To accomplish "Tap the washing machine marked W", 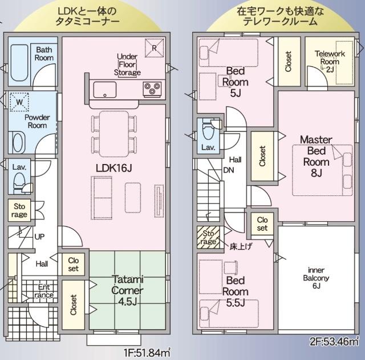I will pos(21,101).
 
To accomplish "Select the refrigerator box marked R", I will pos(153,48).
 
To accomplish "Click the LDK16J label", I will pos(114,167).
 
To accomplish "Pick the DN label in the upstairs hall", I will pos(228,170).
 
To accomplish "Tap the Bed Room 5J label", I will pos(236,81).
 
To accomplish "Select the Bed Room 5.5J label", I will pos(235,290).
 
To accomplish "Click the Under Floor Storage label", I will pos(127,65).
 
